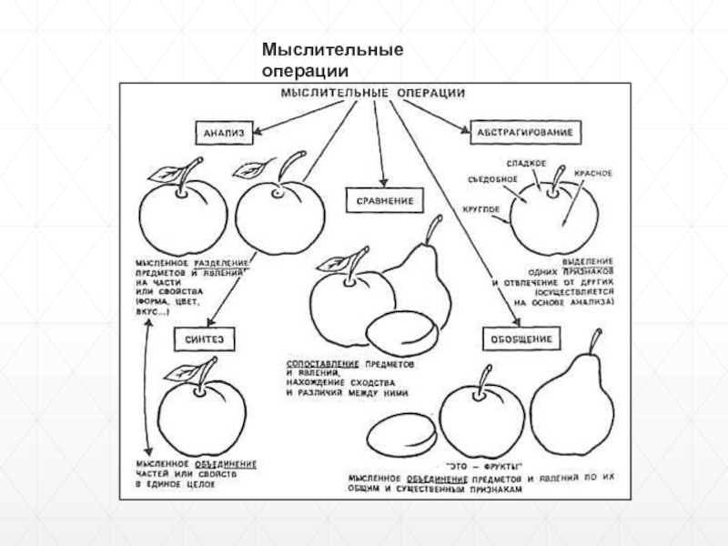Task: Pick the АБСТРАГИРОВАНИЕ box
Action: tap(522, 133)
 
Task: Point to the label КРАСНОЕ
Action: tap(592, 173)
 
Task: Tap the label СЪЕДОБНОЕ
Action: tap(490, 178)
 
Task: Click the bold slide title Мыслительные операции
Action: tap(333, 58)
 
